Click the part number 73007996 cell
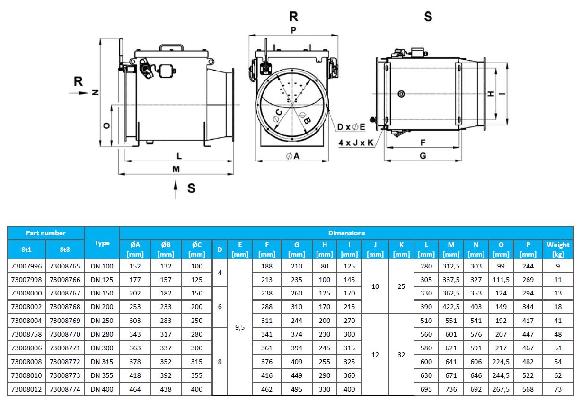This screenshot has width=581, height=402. coord(26,266)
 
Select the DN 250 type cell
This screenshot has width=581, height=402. coord(102,321)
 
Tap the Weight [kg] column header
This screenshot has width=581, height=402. coord(558,249)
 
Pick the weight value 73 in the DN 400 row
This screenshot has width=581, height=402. coord(558,389)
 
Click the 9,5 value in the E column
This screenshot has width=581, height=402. coord(240,327)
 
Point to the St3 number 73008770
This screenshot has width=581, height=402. coord(65,334)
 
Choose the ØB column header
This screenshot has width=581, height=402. coord(166,249)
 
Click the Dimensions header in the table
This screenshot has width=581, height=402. coord(347,233)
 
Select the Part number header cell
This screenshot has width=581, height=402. coord(46,233)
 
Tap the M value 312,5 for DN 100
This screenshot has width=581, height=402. coord(451,266)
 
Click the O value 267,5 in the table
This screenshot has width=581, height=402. coord(501,389)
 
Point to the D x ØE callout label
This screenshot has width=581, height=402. coord(351,127)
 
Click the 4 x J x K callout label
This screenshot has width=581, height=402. coord(356,142)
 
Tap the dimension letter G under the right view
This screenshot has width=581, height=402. coord(423,156)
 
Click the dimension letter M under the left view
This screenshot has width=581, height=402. coord(176,169)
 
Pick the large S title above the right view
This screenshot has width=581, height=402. coord(428,17)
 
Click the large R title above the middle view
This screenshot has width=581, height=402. coord(293,17)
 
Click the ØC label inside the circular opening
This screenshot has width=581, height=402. coord(278,114)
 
